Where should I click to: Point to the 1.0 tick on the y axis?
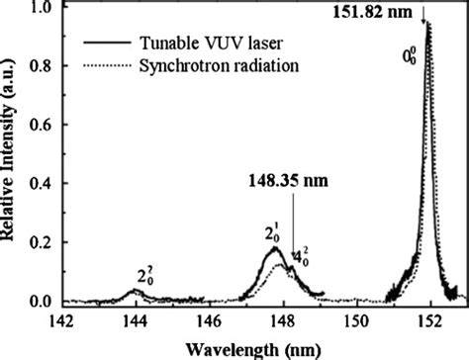(43, 9)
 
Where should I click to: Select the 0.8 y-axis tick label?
(43, 67)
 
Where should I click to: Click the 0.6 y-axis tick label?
(43, 126)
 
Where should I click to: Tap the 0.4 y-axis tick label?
(43, 184)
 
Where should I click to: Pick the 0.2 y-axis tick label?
(43, 242)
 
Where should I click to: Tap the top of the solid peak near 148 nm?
(276, 248)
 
